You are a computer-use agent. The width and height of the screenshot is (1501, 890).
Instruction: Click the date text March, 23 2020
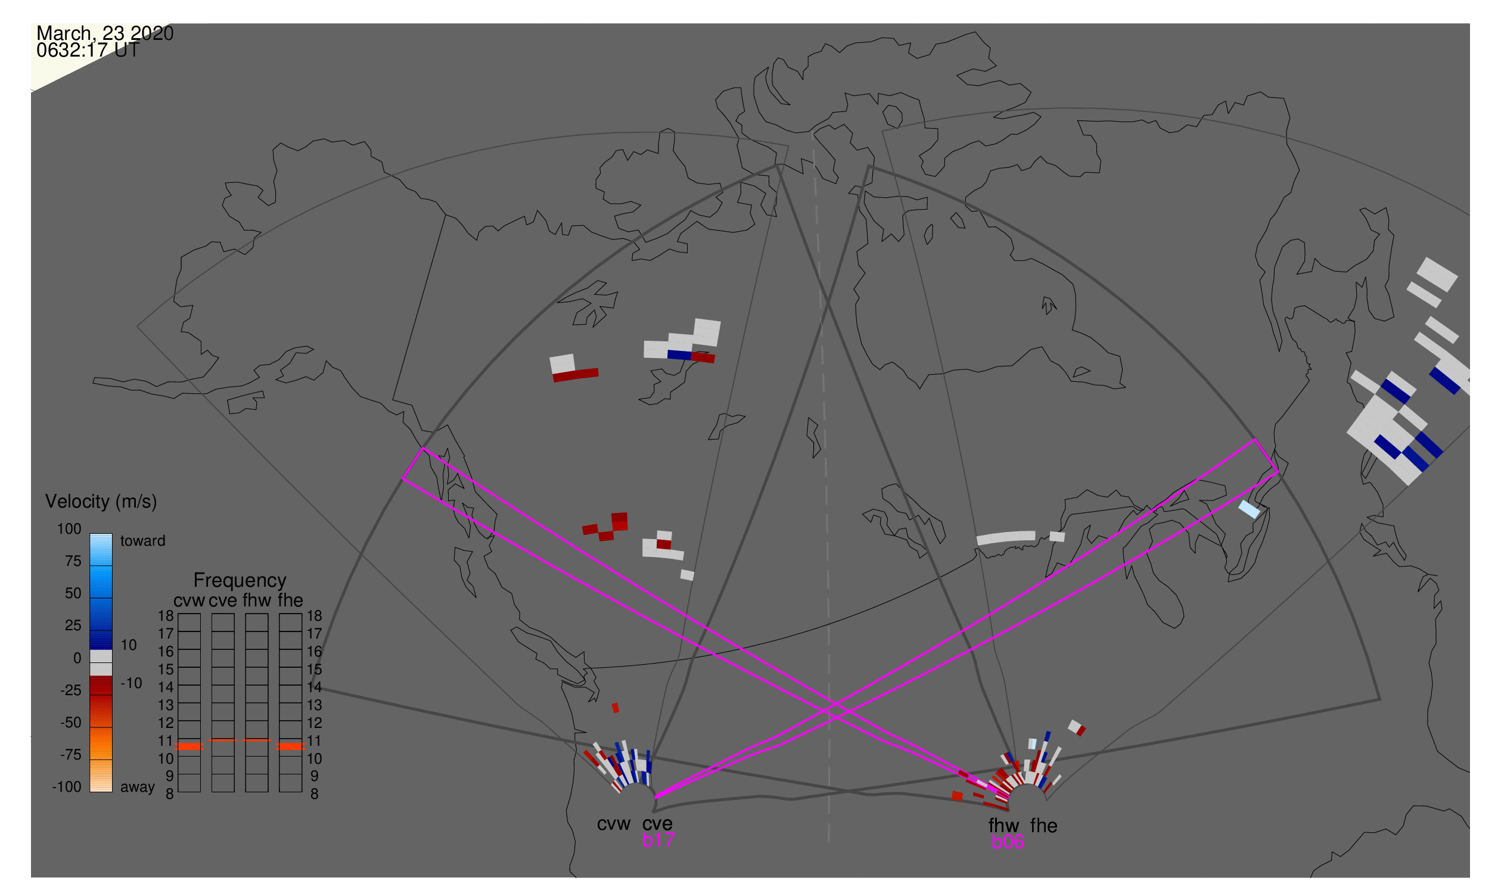(x=105, y=33)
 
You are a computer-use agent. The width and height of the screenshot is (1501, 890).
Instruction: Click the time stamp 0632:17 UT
(x=88, y=51)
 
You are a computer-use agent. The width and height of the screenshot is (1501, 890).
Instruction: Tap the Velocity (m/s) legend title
(x=101, y=502)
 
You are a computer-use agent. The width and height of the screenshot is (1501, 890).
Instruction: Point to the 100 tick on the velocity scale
(x=69, y=529)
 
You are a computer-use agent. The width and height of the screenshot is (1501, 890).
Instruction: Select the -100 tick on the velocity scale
(x=66, y=787)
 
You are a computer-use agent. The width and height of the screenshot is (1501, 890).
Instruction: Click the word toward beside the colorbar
(x=143, y=541)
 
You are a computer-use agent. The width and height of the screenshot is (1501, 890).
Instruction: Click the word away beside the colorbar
(x=138, y=787)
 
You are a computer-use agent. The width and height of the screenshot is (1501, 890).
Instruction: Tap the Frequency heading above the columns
(x=240, y=580)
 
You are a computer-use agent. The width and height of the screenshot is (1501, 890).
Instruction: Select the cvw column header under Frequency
(x=189, y=600)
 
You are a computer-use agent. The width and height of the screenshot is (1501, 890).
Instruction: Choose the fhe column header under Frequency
(x=290, y=600)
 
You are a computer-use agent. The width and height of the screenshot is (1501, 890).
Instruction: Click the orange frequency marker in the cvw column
(x=189, y=746)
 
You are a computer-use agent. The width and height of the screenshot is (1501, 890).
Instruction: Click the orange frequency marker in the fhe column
(x=290, y=746)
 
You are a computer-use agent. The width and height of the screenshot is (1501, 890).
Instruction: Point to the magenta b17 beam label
(x=658, y=840)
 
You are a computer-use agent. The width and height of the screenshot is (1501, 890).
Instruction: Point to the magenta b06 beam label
(x=1007, y=842)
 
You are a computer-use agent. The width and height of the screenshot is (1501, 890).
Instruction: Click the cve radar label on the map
(x=657, y=824)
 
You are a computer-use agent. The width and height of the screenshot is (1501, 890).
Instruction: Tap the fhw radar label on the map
(x=1003, y=826)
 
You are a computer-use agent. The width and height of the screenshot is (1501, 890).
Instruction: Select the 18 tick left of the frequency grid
(x=166, y=616)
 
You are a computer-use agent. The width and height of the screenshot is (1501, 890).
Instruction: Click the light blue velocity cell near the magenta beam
(x=1250, y=509)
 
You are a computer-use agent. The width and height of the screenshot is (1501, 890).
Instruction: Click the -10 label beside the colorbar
(x=131, y=683)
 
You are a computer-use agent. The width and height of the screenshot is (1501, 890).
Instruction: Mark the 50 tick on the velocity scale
(x=73, y=593)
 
